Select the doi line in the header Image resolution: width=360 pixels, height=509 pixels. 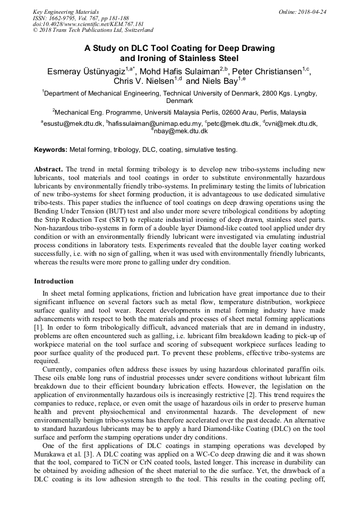click(x=88, y=24)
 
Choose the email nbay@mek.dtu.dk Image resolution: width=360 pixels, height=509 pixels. click(x=181, y=131)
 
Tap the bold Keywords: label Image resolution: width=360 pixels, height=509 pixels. click(x=51, y=150)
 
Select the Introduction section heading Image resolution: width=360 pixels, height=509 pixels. click(x=54, y=281)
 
